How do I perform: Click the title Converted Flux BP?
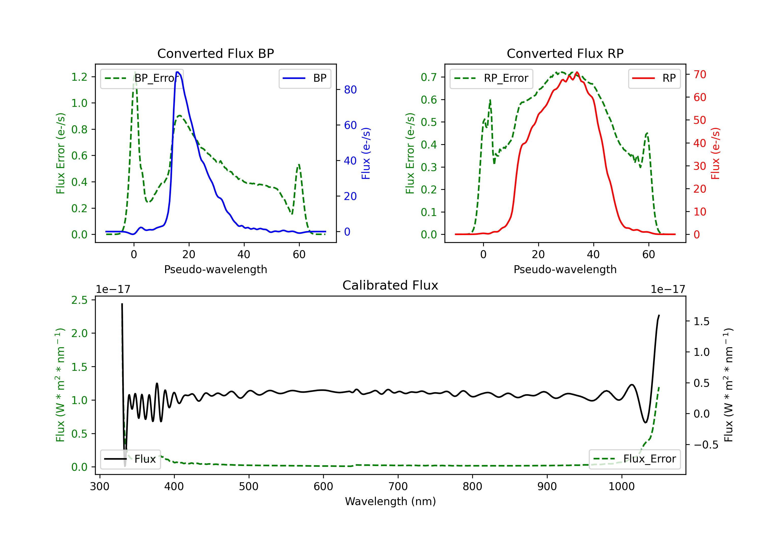tap(215, 53)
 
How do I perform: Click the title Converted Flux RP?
tap(565, 53)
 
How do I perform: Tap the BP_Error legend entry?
tap(142, 78)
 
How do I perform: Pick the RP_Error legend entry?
tap(491, 78)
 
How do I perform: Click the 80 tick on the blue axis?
tap(350, 90)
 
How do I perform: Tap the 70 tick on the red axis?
tap(700, 74)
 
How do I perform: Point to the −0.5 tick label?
tap(706, 445)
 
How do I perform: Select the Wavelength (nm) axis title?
tap(390, 501)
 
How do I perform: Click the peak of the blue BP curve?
tap(178, 72)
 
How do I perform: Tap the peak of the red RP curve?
tap(577, 72)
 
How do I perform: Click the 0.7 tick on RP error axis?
tap(429, 77)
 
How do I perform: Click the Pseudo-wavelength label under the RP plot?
tap(565, 269)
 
